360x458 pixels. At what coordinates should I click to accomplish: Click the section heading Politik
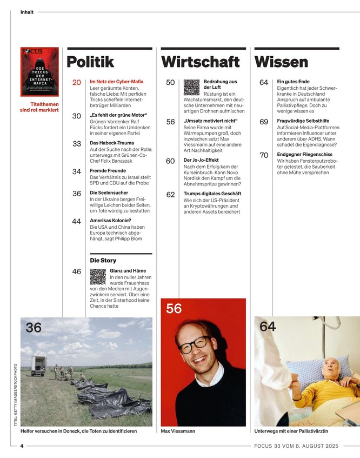90,62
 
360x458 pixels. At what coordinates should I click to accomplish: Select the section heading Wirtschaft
201,62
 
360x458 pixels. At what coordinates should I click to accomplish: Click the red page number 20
76,83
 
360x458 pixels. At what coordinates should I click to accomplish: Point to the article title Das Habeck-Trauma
112,143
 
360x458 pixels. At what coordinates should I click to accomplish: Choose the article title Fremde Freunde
109,171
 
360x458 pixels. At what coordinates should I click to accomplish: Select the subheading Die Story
103,261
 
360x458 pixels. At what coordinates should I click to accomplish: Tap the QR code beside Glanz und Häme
98,277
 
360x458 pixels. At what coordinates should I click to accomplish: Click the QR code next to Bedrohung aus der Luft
191,88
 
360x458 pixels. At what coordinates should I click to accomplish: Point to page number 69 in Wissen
264,122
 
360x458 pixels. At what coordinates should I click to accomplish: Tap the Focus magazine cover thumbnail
39,72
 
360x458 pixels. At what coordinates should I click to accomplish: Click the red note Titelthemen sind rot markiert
39,107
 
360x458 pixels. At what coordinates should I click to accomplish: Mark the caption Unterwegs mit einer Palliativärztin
291,431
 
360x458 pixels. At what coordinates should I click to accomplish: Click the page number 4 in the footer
22,446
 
